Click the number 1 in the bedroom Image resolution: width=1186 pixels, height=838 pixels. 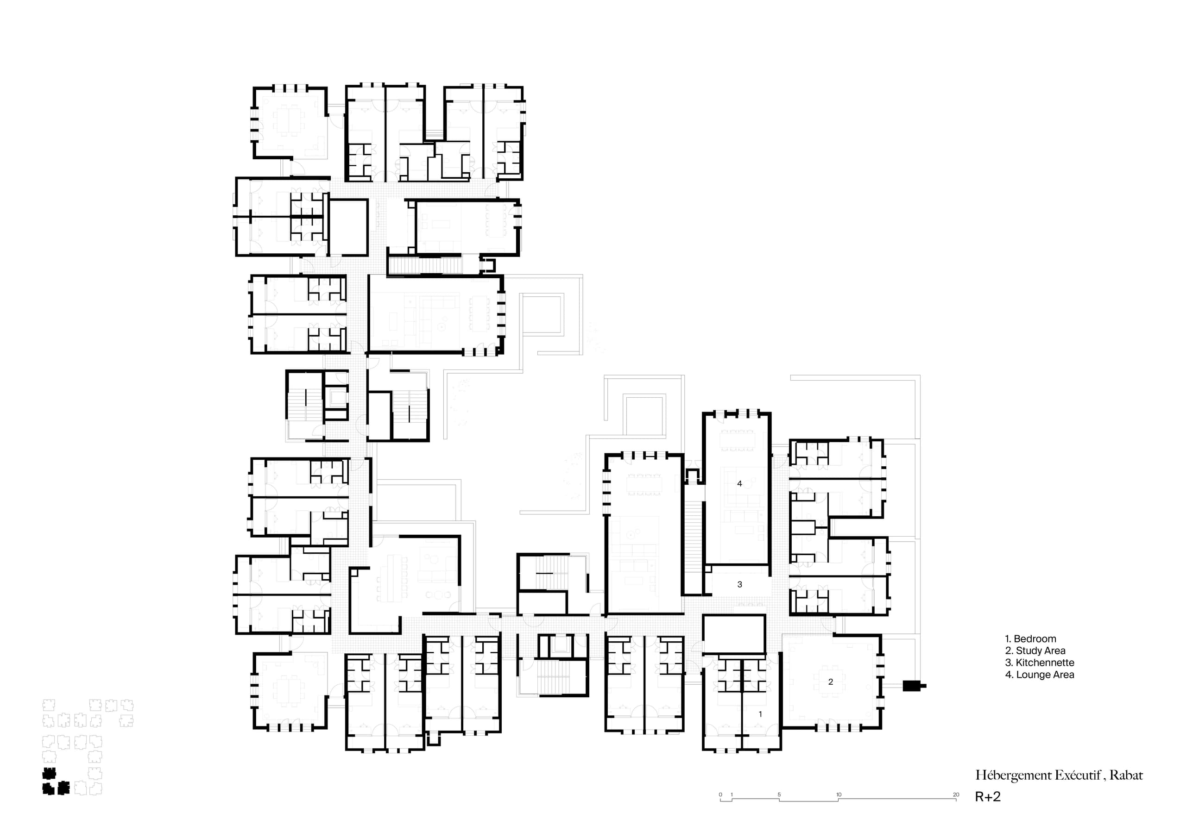pyautogui.click(x=760, y=714)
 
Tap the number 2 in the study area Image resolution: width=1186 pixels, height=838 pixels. pyautogui.click(x=831, y=682)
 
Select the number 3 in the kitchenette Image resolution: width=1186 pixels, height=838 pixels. pyautogui.click(x=740, y=584)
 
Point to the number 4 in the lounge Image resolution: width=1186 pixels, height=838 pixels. pyautogui.click(x=740, y=484)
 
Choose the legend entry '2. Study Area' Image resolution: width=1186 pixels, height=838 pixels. pyautogui.click(x=1035, y=650)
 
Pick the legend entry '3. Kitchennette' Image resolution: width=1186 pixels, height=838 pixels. pyautogui.click(x=1039, y=663)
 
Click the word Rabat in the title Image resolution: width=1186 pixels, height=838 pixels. pyautogui.click(x=1126, y=775)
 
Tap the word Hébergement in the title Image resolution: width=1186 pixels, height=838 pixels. pyautogui.click(x=1012, y=775)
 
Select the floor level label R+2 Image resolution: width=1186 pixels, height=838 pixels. pyautogui.click(x=988, y=797)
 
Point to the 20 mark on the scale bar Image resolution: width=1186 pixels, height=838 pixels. pyautogui.click(x=956, y=794)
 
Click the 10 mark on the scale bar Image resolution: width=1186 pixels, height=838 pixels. pyautogui.click(x=839, y=794)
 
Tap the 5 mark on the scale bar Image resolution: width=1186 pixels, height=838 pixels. pyautogui.click(x=779, y=794)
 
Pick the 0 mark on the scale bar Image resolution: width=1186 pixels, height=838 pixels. pyautogui.click(x=720, y=794)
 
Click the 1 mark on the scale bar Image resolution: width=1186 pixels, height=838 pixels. pyautogui.click(x=732, y=794)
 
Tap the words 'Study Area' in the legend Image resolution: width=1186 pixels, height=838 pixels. pyautogui.click(x=1041, y=650)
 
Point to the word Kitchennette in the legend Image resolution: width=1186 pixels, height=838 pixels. pyautogui.click(x=1045, y=663)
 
